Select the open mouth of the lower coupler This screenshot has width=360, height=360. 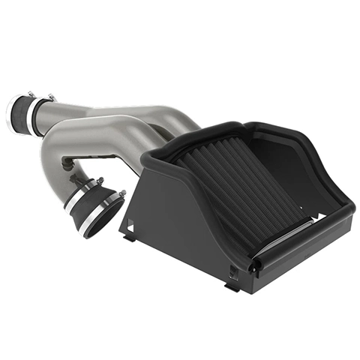[x=105, y=218]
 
